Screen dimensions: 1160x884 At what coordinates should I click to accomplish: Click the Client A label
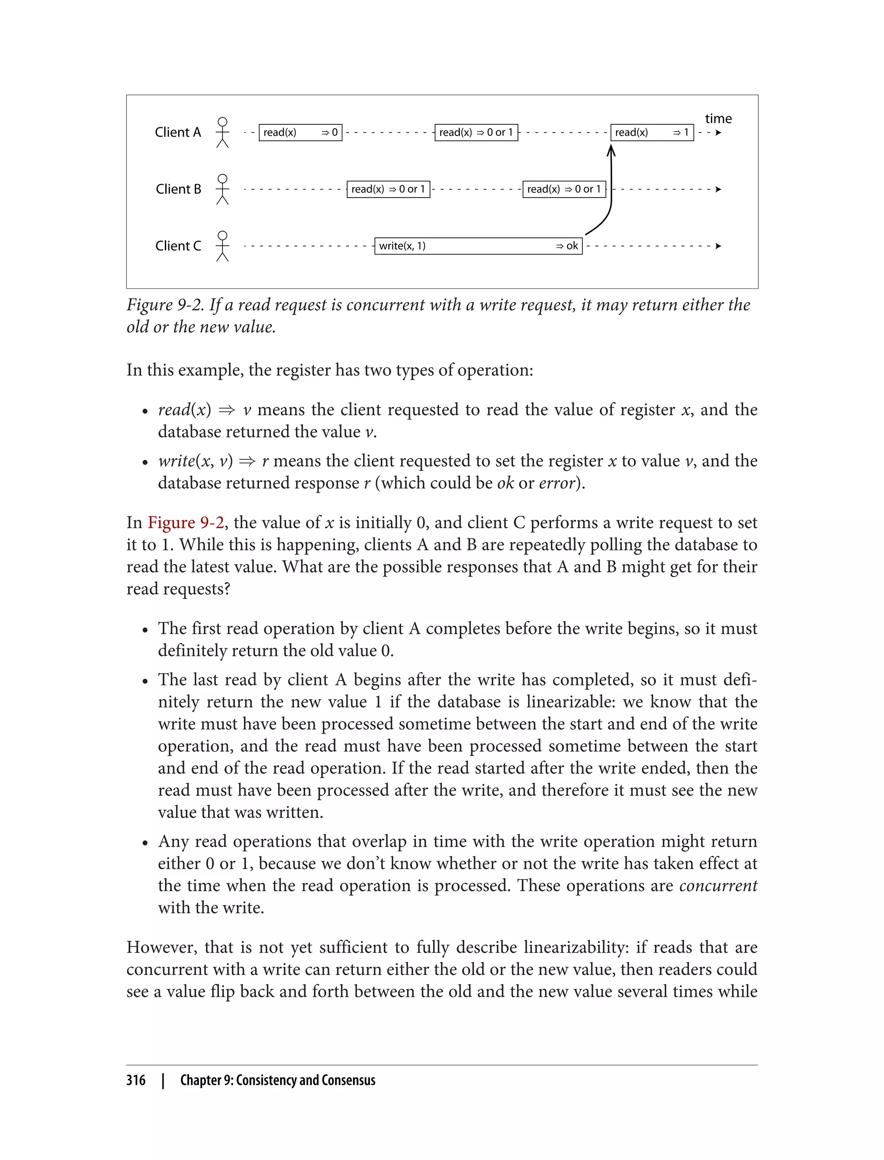[x=178, y=132]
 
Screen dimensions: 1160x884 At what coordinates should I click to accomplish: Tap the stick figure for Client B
[x=223, y=189]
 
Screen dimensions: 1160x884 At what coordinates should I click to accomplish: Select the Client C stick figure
[x=223, y=246]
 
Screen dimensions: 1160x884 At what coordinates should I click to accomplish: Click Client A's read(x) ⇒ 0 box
[x=300, y=132]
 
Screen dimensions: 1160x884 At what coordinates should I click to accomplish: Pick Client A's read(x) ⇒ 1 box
[x=651, y=132]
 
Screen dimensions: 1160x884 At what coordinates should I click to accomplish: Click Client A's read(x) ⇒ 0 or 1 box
[x=476, y=132]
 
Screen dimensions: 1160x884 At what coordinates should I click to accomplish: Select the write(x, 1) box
[x=478, y=246]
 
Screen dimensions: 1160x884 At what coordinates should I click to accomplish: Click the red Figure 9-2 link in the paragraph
[x=186, y=523]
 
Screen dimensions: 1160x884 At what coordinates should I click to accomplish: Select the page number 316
[x=136, y=1080]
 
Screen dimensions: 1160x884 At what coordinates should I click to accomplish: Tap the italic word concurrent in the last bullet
[x=718, y=886]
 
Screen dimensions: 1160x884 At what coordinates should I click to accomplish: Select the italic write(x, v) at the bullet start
[x=195, y=461]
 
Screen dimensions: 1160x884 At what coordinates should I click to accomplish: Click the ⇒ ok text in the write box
[x=567, y=246]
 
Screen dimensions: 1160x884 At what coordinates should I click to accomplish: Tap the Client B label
[x=178, y=189]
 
